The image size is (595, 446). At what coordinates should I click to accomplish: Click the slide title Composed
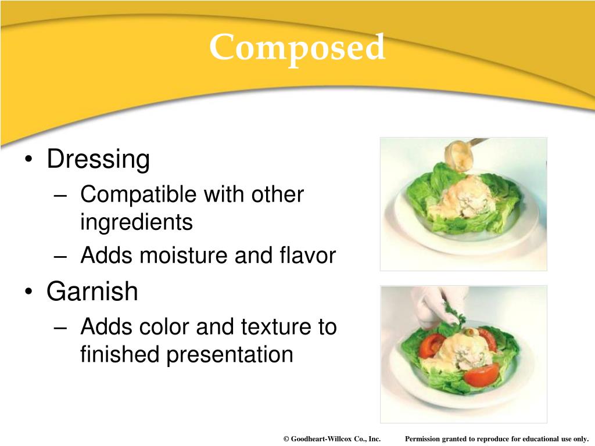(297, 48)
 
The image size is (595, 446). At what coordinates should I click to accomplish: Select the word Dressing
(98, 159)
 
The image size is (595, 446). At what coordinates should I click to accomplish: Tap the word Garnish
(92, 291)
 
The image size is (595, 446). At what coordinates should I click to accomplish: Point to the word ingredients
(136, 222)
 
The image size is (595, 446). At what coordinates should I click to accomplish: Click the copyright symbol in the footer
(286, 439)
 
